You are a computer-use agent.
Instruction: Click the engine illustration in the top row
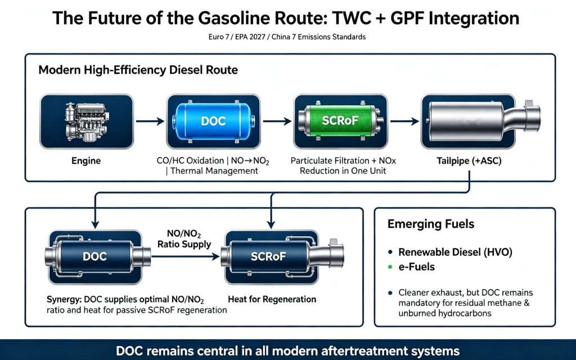point(86,121)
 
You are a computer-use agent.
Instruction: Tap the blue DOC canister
point(213,121)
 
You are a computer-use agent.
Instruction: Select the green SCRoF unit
point(340,121)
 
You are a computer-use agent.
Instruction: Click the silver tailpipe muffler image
point(481,121)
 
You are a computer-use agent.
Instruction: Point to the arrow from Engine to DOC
point(150,121)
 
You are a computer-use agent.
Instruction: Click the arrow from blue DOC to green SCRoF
point(277,121)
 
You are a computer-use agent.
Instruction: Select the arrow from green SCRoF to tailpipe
point(404,121)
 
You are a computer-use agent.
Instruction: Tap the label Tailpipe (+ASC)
point(469,161)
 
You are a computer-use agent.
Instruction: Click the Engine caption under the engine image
point(86,161)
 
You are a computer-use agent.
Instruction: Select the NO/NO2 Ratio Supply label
point(184,239)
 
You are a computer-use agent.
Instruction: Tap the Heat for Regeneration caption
point(272,299)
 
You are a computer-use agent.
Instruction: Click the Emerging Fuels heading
point(431,224)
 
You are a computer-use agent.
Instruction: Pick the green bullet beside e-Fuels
point(390,267)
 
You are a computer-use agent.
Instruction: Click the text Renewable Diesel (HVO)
point(455,253)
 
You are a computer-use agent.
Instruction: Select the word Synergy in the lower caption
point(64,300)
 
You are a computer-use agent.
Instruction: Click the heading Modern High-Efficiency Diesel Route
point(138,70)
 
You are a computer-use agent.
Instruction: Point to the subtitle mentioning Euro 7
point(287,37)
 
